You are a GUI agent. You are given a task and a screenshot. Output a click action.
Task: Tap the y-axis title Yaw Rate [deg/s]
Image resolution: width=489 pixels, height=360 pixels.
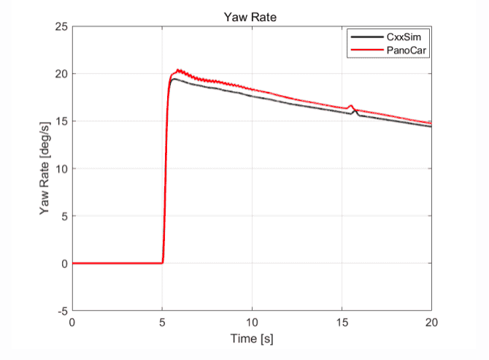pos(45,168)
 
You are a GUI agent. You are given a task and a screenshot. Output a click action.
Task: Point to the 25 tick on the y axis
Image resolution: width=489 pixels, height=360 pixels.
pos(61,27)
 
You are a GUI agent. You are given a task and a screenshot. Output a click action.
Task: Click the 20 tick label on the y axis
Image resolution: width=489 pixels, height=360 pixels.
pos(61,74)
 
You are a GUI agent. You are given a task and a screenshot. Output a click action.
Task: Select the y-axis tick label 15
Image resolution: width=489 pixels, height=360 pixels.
pos(61,121)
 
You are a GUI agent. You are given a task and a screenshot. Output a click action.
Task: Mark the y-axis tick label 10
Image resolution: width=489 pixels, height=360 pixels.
pos(61,169)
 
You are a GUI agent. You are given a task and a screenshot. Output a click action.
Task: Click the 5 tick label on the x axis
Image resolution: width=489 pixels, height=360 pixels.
pos(162,322)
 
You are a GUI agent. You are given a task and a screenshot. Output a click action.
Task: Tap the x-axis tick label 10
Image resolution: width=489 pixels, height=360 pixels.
pos(252,322)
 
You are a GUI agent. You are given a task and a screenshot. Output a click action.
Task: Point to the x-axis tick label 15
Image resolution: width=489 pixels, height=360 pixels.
pos(342,322)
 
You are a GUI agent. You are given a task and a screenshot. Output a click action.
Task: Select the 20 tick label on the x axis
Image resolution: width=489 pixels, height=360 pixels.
pos(431,322)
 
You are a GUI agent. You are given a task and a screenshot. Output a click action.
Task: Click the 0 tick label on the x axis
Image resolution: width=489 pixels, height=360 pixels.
pos(72,322)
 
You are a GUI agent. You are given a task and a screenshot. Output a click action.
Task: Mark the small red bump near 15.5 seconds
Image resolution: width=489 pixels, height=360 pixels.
pos(350,106)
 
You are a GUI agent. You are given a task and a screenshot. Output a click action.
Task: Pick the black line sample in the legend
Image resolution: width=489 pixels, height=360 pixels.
pos(364,37)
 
